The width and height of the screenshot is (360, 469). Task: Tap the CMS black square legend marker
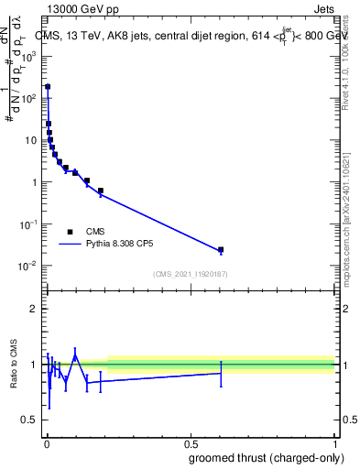70,232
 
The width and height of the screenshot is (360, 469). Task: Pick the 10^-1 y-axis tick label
29,224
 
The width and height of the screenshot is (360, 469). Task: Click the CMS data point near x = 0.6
221,249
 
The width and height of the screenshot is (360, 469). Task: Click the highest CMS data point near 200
48,87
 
